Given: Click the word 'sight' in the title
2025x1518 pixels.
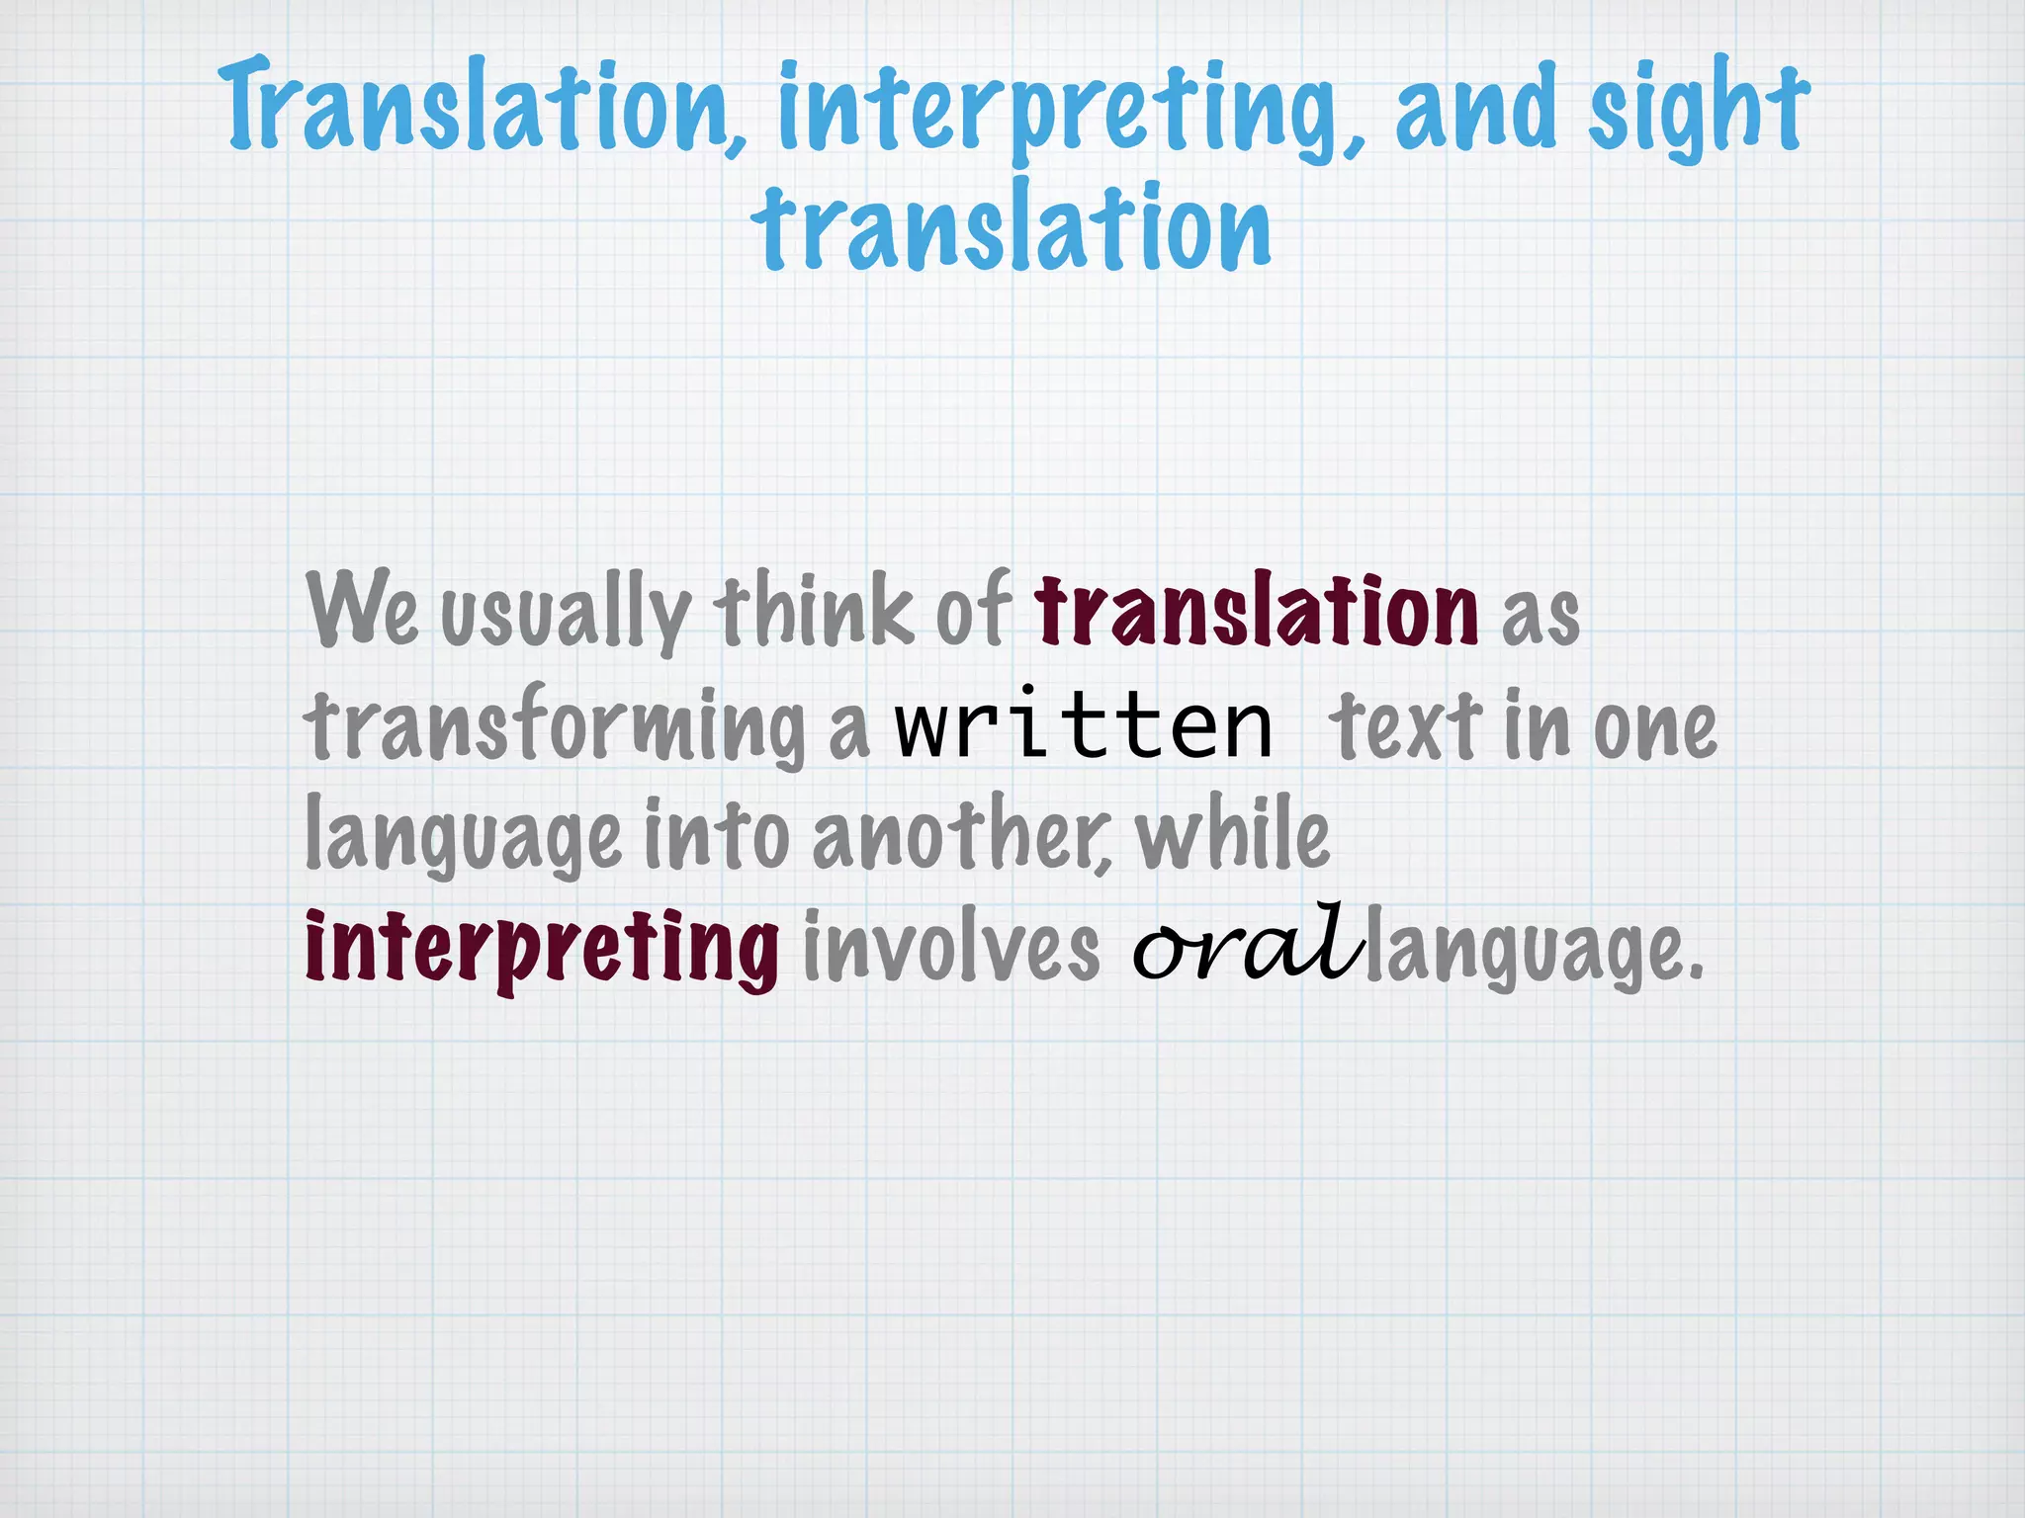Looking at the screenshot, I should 1698,107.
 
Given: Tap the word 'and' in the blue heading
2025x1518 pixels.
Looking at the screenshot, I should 1475,107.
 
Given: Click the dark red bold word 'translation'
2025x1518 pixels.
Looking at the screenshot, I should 1256,610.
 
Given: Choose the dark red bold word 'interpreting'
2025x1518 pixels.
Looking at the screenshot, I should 542,949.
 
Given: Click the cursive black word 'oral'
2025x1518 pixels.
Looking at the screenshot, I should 1248,944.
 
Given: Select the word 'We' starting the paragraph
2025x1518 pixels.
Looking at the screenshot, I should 362,609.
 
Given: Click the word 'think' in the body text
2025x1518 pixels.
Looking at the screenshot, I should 813,610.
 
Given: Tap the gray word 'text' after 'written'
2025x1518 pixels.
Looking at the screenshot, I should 1405,726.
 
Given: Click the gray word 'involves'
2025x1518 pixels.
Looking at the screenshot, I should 950,949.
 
